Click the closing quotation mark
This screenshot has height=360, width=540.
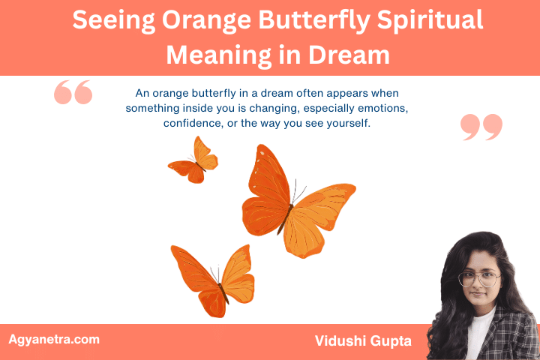pos(481,127)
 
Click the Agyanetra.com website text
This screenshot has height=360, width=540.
pos(53,340)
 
